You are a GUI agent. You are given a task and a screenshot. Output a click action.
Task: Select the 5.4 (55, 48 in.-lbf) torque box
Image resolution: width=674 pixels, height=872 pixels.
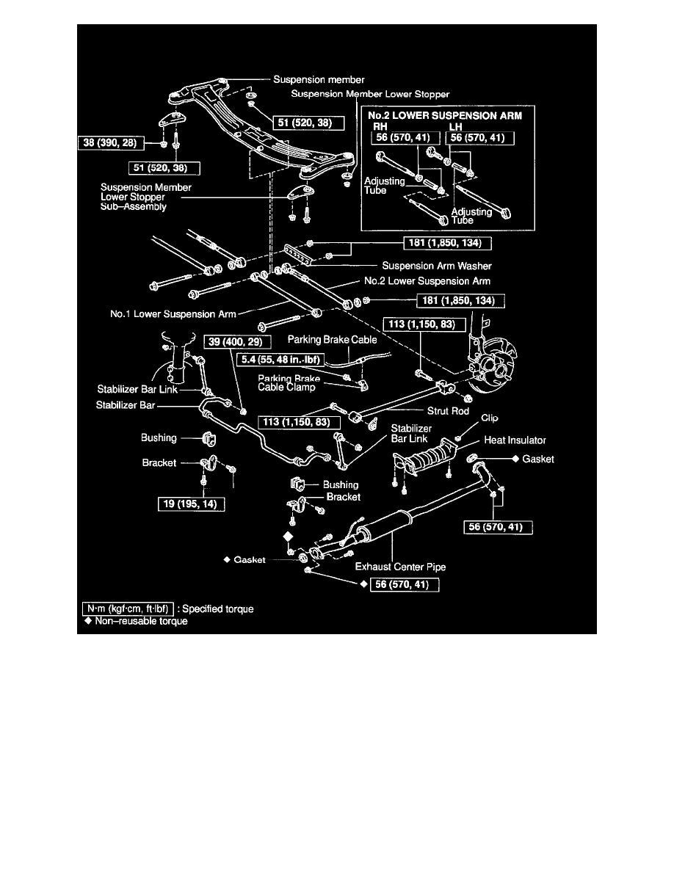(x=281, y=360)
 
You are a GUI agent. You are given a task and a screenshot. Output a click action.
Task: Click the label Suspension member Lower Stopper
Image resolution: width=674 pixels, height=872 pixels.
(x=370, y=94)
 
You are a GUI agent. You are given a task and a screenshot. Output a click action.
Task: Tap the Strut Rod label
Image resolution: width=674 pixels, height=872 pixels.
(x=449, y=412)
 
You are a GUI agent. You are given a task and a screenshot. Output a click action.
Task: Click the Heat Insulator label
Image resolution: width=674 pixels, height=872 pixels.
(x=515, y=440)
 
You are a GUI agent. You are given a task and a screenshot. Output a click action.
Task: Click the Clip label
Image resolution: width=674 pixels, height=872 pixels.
(x=490, y=418)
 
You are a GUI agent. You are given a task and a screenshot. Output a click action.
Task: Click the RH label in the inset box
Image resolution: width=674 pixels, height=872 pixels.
(x=381, y=126)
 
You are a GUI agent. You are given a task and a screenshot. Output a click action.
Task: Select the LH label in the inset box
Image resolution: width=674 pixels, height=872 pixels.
(x=454, y=126)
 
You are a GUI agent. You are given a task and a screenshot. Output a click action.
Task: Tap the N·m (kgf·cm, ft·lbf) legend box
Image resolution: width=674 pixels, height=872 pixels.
(x=128, y=609)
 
